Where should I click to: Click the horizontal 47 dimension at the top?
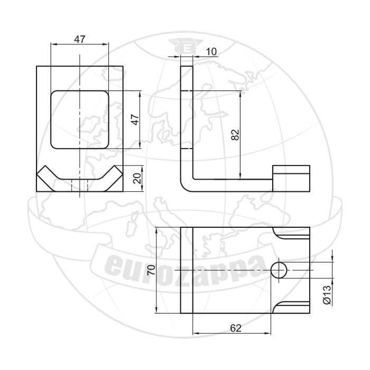click(x=79, y=39)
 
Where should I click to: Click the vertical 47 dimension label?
click(x=135, y=119)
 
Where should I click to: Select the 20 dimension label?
click(x=137, y=178)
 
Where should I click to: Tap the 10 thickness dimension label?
click(x=211, y=52)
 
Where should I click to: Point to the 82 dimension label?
click(x=235, y=135)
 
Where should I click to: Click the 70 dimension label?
click(x=151, y=270)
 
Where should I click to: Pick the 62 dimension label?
click(x=236, y=328)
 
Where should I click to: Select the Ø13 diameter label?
click(x=327, y=295)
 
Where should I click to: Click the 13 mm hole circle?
click(x=279, y=270)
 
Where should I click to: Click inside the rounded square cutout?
click(x=80, y=119)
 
